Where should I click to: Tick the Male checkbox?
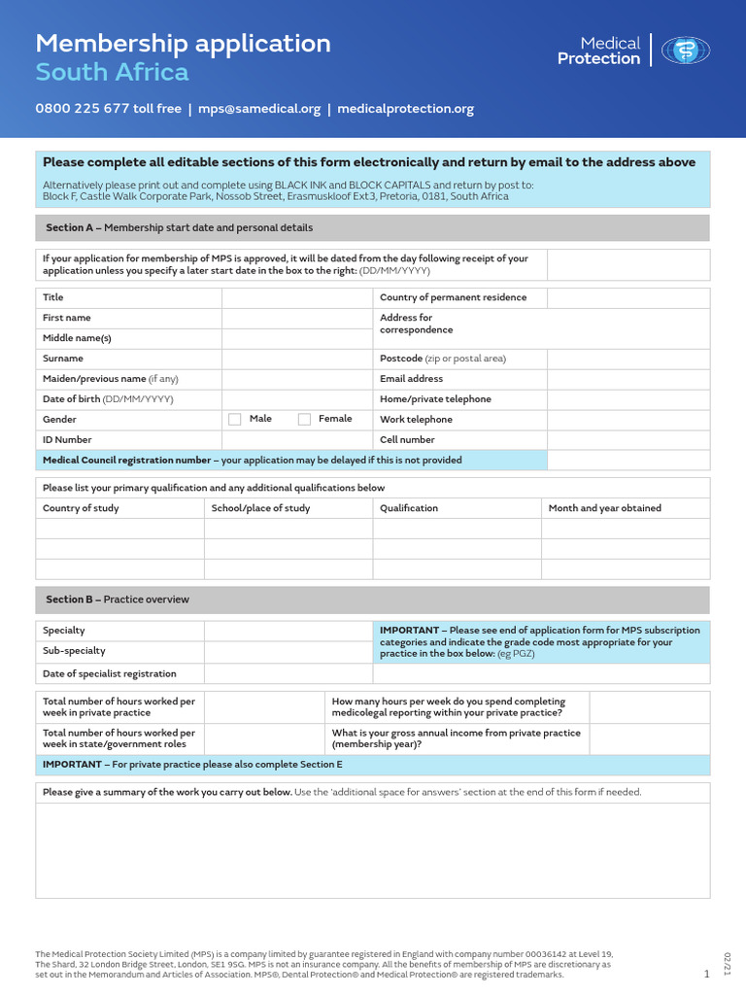[x=234, y=419]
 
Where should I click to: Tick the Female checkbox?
[x=304, y=419]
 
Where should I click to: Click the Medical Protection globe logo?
[x=686, y=51]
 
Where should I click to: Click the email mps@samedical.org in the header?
[x=259, y=109]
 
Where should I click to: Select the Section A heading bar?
[x=373, y=227]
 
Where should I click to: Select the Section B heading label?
[x=118, y=600]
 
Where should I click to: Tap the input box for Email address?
[x=628, y=379]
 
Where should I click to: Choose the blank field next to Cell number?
[x=628, y=440]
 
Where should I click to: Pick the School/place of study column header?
[x=261, y=508]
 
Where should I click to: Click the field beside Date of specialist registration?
[x=288, y=673]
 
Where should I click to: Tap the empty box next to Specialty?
[x=288, y=631]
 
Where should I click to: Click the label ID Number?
[x=67, y=440]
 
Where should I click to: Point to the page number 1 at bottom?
[x=706, y=974]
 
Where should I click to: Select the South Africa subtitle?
[x=112, y=73]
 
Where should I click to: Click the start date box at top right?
[x=628, y=264]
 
